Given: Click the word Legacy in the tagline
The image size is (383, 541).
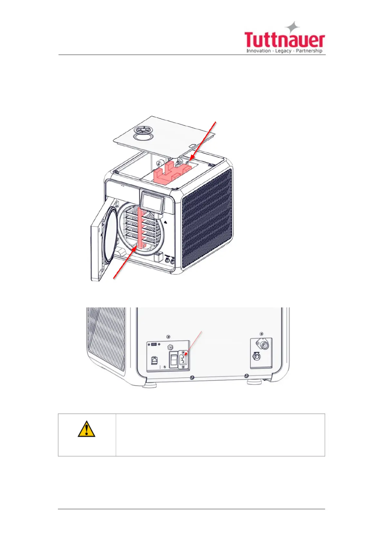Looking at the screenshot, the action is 283,51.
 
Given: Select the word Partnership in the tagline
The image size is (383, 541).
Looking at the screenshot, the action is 309,51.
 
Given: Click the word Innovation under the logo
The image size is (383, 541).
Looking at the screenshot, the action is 259,51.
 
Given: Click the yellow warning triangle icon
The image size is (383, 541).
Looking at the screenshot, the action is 86,430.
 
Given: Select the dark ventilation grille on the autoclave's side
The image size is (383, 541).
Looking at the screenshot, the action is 207,218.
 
